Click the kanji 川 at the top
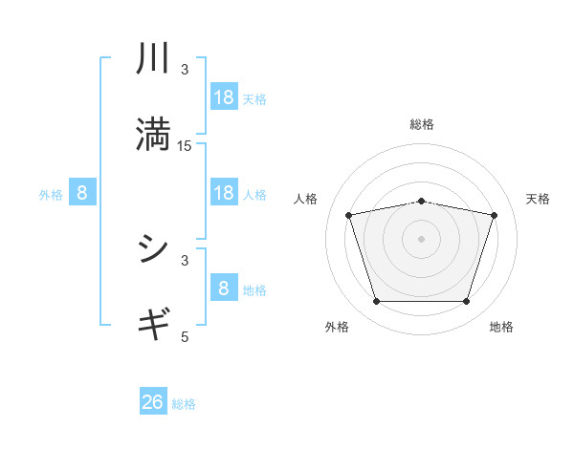153,59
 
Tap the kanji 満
153,134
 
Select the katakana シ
153,249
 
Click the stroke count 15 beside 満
185,146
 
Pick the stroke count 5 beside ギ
185,336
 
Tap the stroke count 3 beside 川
185,70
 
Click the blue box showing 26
153,402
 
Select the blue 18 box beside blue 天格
224,97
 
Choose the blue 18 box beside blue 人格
224,193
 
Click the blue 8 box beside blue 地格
224,289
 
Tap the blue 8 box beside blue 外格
82,193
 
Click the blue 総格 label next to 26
184,404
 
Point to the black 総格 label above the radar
422,124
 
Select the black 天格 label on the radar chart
539,199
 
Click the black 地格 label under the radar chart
501,328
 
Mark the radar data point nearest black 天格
494,215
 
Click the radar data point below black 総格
422,201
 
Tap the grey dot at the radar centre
422,239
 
